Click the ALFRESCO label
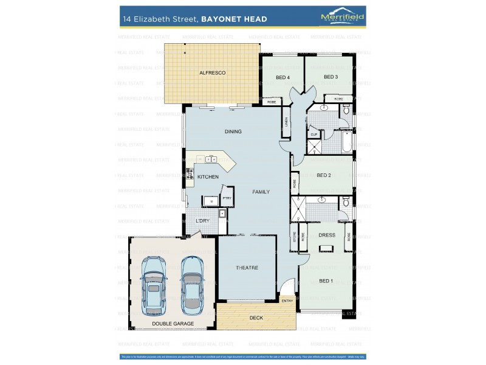coord(213,73)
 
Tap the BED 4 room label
coord(282,77)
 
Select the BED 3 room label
coord(330,77)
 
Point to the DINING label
coord(233,131)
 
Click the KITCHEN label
coord(208,176)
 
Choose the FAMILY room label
coord(261,192)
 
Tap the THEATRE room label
coord(247,268)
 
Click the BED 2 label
coord(324,175)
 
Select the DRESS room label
coord(327,235)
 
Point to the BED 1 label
coord(326,280)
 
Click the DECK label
coord(256,318)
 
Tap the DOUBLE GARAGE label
coord(173,324)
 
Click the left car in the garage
coord(153,283)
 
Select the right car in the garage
coord(193,283)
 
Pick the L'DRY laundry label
coord(202,220)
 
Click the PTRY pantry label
coord(227,198)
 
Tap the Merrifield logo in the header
coord(342,17)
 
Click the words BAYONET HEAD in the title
coord(234,19)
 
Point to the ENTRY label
coord(287,301)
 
